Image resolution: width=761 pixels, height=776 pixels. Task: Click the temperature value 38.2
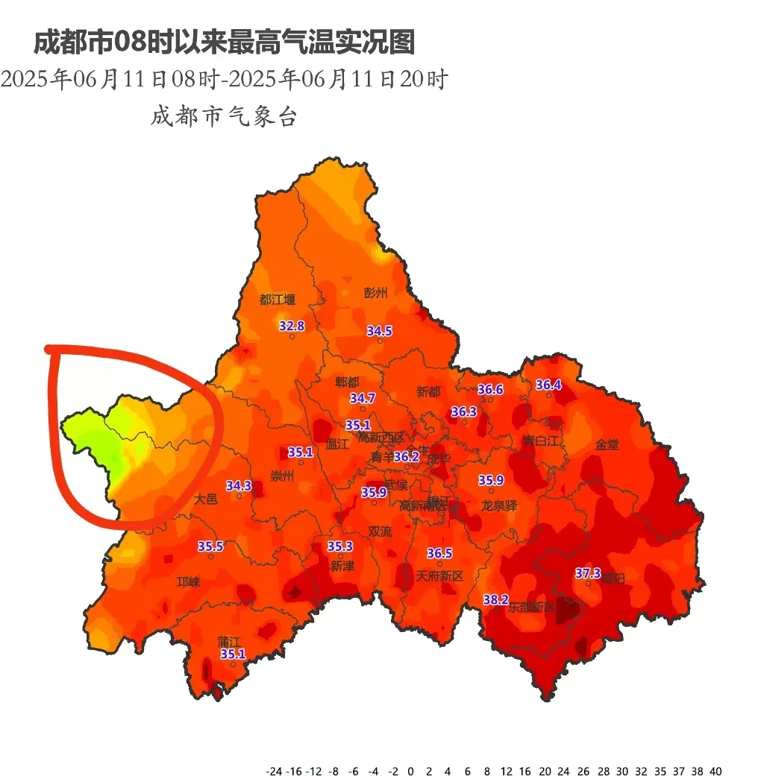pyautogui.click(x=496, y=599)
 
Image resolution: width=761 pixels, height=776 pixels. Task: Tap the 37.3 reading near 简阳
pyautogui.click(x=588, y=573)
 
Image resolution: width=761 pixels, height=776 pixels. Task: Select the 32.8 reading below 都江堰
pyautogui.click(x=292, y=326)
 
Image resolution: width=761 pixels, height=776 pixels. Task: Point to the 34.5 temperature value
pyautogui.click(x=379, y=330)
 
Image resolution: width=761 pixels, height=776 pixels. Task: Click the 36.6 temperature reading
pyautogui.click(x=490, y=390)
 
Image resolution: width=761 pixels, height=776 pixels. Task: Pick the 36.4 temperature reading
pyautogui.click(x=548, y=385)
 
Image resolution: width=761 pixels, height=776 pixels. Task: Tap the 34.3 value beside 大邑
pyautogui.click(x=239, y=485)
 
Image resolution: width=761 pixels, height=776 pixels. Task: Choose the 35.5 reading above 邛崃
pyautogui.click(x=210, y=546)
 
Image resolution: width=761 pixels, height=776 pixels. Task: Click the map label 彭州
pyautogui.click(x=376, y=292)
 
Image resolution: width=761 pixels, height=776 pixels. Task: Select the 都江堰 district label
pyautogui.click(x=277, y=300)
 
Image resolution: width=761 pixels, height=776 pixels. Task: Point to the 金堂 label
pyautogui.click(x=607, y=444)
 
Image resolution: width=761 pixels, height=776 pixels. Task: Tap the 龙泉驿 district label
pyautogui.click(x=498, y=505)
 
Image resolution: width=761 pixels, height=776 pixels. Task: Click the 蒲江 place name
pyautogui.click(x=229, y=640)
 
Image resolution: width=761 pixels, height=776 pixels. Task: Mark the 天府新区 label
pyautogui.click(x=439, y=576)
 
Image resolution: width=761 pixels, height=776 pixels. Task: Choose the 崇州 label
pyautogui.click(x=282, y=476)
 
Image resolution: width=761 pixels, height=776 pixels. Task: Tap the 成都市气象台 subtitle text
pyautogui.click(x=224, y=117)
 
